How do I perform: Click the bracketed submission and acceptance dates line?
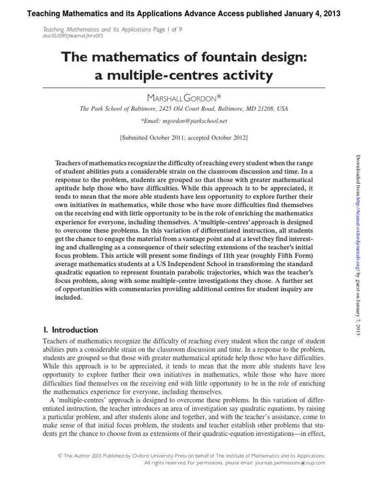coord(184,138)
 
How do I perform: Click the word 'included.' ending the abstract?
coord(69,297)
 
